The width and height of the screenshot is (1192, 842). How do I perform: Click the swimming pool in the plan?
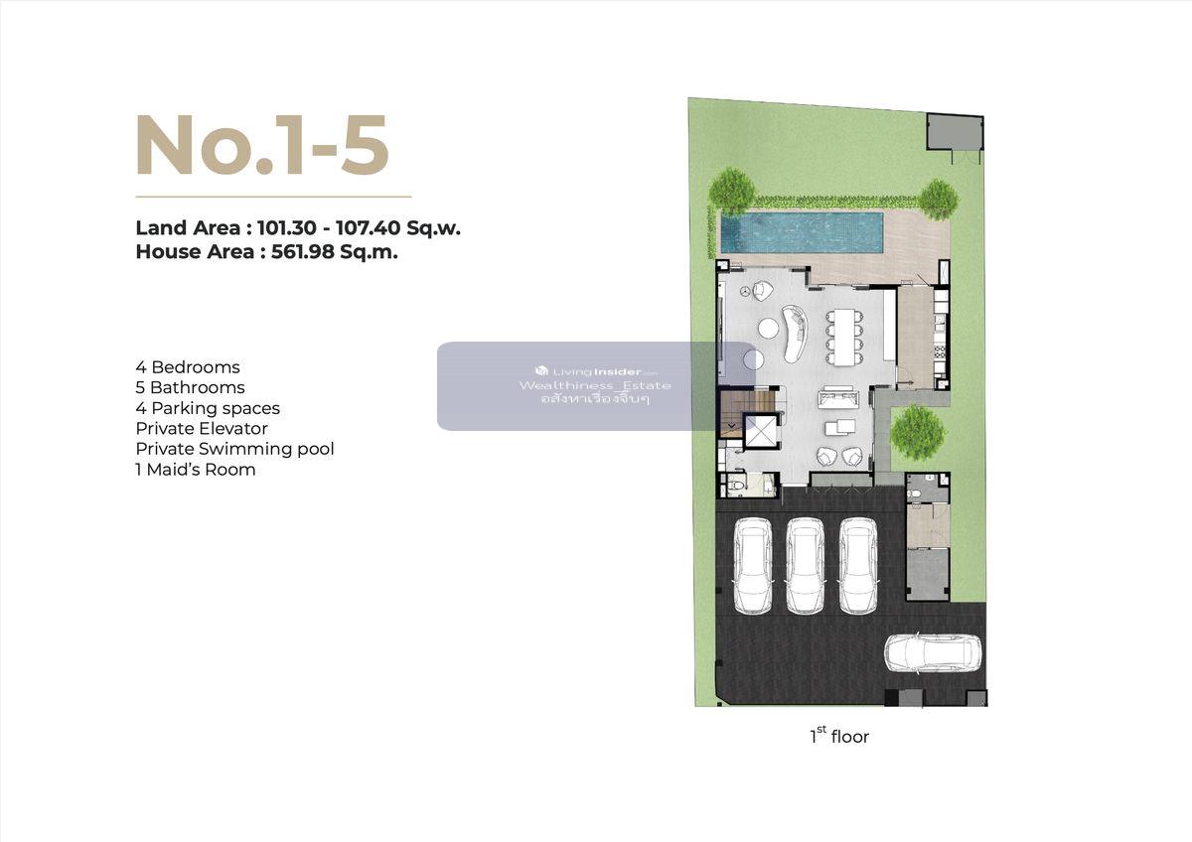point(802,232)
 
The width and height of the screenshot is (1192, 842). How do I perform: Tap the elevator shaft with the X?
point(761,431)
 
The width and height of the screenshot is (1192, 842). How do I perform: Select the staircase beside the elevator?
point(733,413)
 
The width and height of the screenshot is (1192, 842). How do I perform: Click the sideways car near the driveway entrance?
point(933,654)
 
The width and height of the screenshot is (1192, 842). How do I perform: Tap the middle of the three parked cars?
point(806,565)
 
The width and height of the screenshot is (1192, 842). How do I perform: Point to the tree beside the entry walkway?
point(917,431)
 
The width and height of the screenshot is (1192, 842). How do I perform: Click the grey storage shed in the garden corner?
point(955,131)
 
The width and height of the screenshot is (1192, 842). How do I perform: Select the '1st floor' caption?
point(839,736)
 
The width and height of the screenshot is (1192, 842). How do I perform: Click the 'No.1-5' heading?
point(262,144)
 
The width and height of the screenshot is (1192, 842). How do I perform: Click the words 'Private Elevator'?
point(202,428)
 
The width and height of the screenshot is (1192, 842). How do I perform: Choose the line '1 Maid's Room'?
point(196,470)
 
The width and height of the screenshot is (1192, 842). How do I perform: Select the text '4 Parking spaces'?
point(208,408)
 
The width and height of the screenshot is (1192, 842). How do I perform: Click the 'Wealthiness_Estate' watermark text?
point(595,385)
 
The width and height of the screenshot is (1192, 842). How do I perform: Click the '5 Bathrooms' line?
point(190,387)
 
